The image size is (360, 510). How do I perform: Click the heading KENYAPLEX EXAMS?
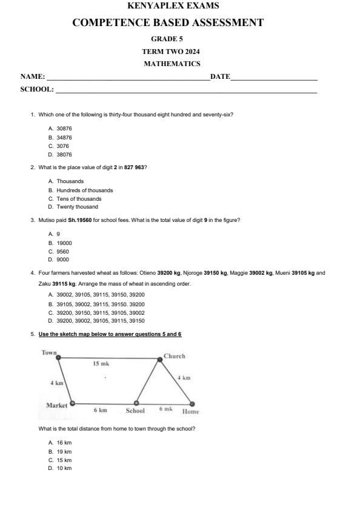coord(174,6)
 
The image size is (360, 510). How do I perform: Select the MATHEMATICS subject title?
coord(172,64)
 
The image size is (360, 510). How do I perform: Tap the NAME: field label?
coord(33,76)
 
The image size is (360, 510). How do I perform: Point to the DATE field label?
coord(220,76)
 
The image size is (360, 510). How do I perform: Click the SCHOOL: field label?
coord(37,89)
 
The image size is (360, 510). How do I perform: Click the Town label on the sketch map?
coord(49,352)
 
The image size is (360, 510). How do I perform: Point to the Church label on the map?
coord(175,356)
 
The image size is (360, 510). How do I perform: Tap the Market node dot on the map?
coord(72,403)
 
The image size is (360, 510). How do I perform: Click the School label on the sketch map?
coord(135,411)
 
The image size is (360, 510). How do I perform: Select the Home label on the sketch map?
coord(190,411)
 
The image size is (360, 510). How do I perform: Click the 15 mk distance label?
coord(101,364)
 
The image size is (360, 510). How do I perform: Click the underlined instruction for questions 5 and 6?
coord(110,334)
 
